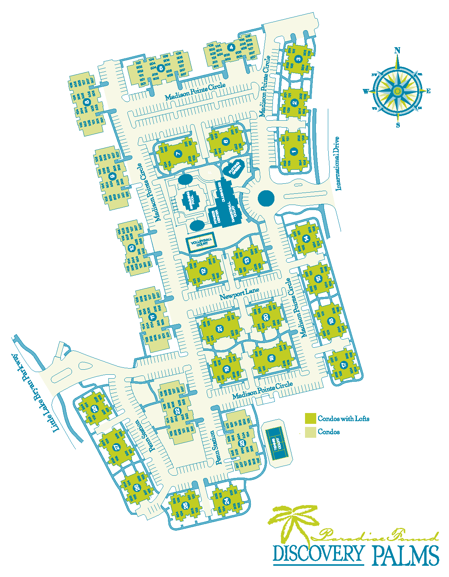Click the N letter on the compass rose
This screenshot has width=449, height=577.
click(x=397, y=50)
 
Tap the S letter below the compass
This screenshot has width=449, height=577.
click(x=398, y=125)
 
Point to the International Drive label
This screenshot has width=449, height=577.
click(x=338, y=164)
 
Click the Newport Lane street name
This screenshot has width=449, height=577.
click(x=239, y=294)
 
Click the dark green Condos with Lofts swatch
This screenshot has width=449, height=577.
click(x=310, y=418)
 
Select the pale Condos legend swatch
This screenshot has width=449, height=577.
click(x=310, y=432)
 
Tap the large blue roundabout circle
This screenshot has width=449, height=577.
click(x=266, y=198)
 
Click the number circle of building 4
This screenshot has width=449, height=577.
click(x=231, y=48)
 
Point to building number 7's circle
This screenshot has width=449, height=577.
click(x=178, y=154)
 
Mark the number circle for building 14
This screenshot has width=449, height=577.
click(x=307, y=239)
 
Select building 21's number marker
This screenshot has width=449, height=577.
click(x=220, y=329)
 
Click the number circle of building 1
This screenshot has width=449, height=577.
click(x=294, y=152)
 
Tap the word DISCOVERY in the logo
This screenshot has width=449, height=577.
click(x=318, y=554)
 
